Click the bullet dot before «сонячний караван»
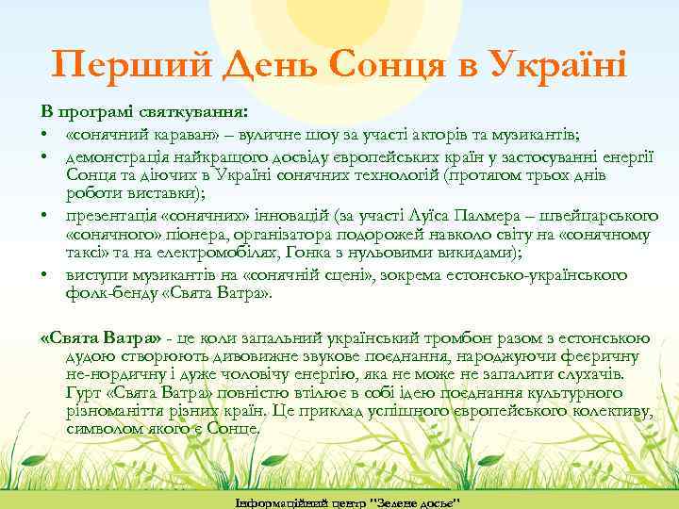coord(44,134)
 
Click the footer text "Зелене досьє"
coord(413,500)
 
